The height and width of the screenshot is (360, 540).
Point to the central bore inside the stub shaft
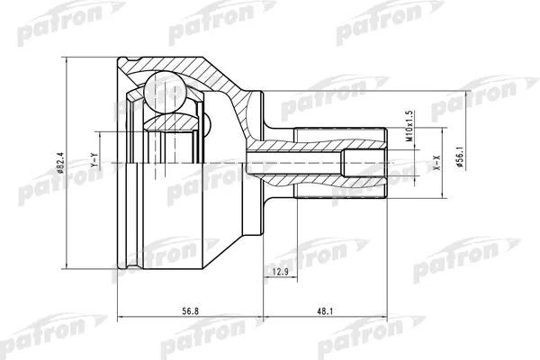[x=306, y=161]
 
